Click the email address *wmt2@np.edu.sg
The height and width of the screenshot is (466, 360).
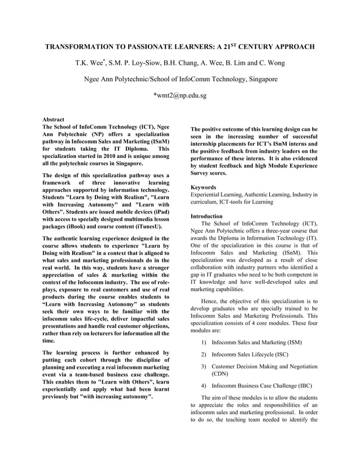coord(179,95)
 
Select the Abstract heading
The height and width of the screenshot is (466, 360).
coord(54,120)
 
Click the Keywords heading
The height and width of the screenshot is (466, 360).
coord(204,187)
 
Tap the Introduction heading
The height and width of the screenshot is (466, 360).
coord(208,216)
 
